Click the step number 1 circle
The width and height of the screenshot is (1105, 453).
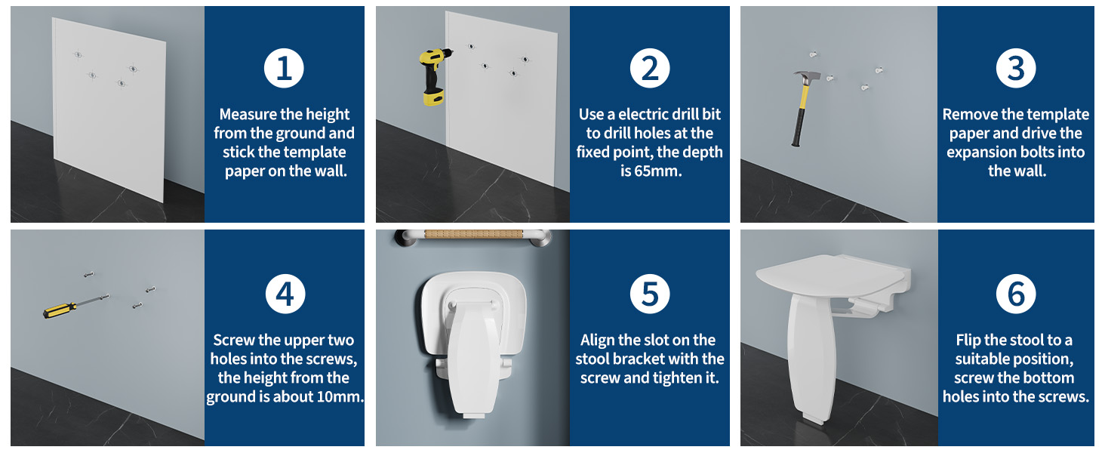(284, 68)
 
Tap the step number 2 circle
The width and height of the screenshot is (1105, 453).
(650, 68)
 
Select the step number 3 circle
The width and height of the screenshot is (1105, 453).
(1015, 68)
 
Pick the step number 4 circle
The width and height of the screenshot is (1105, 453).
(285, 294)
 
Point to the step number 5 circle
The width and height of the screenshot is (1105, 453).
(650, 294)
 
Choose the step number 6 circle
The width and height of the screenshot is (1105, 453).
(1016, 294)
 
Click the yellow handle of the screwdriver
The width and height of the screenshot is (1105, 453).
(59, 310)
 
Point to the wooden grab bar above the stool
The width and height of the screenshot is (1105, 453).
(473, 234)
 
